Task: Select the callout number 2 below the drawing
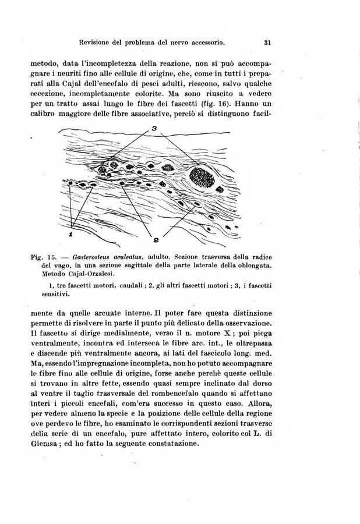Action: pos(158,238)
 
